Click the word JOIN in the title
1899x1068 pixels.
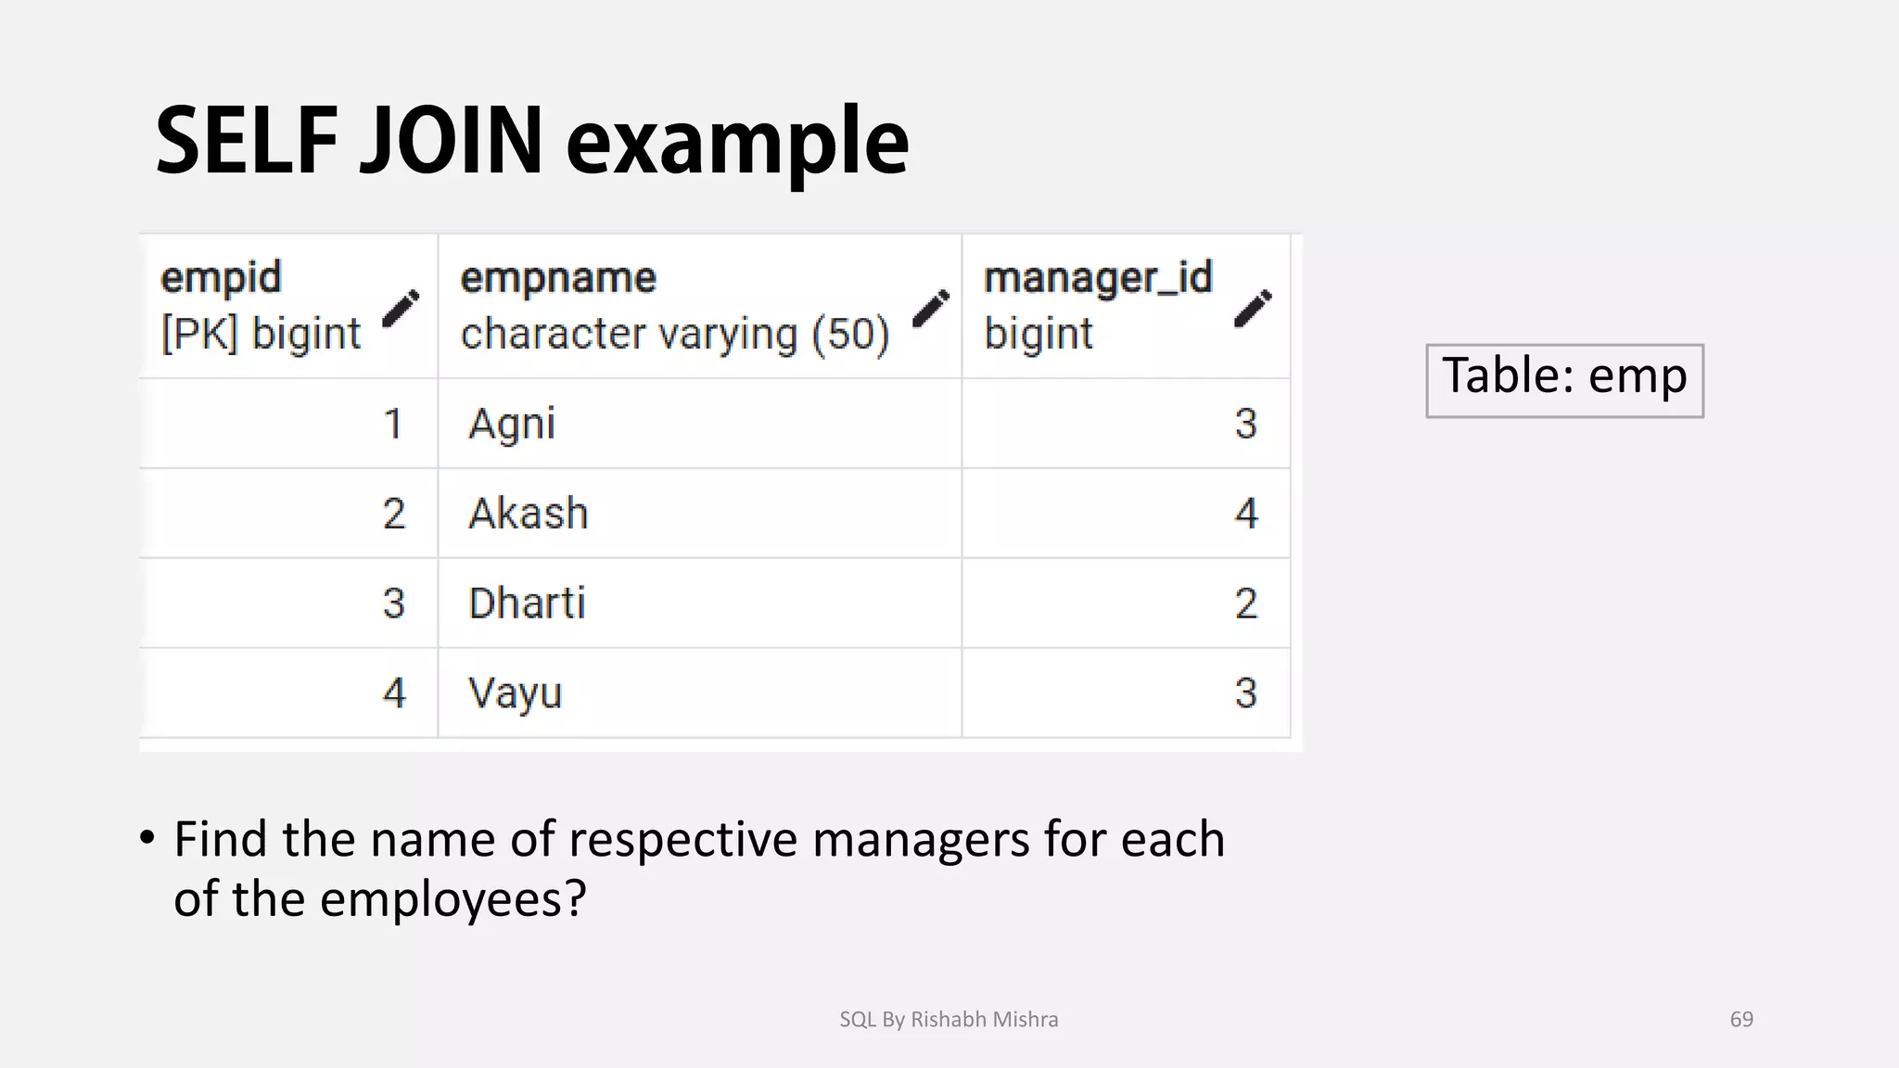click(451, 141)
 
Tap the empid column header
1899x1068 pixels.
click(221, 277)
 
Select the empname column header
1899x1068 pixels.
click(558, 277)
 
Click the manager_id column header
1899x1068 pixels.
click(1098, 277)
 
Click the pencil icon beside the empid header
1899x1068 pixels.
click(401, 309)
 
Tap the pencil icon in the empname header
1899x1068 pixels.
click(931, 309)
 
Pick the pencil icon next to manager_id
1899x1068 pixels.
click(1253, 309)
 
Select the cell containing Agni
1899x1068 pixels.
click(512, 425)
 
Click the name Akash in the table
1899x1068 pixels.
click(529, 514)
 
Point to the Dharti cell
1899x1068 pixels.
click(527, 604)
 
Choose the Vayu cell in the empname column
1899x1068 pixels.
click(516, 693)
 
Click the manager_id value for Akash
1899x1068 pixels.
click(1246, 514)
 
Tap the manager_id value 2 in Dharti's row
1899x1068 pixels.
click(1246, 604)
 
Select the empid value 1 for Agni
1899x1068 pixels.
click(393, 425)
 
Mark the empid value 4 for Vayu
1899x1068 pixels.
click(394, 693)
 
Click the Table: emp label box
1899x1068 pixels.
click(1564, 380)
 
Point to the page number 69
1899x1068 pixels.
click(1741, 1019)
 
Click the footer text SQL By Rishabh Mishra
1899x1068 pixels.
click(949, 1019)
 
